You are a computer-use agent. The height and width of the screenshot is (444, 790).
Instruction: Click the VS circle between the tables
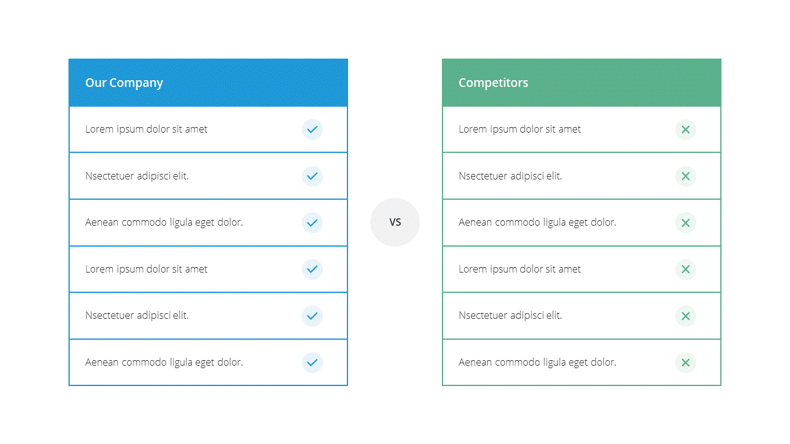pos(395,222)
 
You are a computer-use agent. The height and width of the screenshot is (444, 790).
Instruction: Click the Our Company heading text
pos(124,83)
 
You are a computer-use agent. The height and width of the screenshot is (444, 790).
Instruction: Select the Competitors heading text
pos(493,83)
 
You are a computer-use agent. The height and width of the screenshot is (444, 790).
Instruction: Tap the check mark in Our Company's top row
pos(312,129)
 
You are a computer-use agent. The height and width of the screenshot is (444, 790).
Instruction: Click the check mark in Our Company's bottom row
pos(312,362)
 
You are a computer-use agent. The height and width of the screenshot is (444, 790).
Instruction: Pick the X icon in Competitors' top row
pos(686,129)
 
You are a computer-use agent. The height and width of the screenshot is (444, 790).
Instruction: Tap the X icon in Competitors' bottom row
pos(686,362)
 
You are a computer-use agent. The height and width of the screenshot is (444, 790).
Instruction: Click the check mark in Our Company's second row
pos(312,176)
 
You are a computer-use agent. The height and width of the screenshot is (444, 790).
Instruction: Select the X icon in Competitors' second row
pos(686,176)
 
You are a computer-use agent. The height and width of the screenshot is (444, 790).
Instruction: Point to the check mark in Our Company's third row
pos(312,223)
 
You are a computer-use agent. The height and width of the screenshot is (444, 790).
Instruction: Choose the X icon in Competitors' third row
pos(686,223)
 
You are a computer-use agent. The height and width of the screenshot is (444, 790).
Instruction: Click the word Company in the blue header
pos(136,83)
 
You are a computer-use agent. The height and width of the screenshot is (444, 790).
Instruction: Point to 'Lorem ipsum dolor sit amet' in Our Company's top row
pos(146,129)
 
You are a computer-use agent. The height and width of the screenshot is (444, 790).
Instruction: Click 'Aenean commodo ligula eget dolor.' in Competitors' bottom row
pos(538,362)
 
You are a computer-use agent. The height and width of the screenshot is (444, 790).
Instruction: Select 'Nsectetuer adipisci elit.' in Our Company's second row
pos(137,176)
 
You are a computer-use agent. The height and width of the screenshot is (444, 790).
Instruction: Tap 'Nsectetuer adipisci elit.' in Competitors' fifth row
pos(510,315)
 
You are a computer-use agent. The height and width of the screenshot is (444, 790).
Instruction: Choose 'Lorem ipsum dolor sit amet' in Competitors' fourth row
pos(520,269)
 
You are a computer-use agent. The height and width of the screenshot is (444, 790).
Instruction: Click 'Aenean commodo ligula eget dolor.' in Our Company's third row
pos(164,223)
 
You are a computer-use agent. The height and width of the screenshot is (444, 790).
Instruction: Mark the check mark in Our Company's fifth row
pos(312,316)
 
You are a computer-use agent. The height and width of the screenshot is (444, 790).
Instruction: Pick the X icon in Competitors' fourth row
pos(686,269)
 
